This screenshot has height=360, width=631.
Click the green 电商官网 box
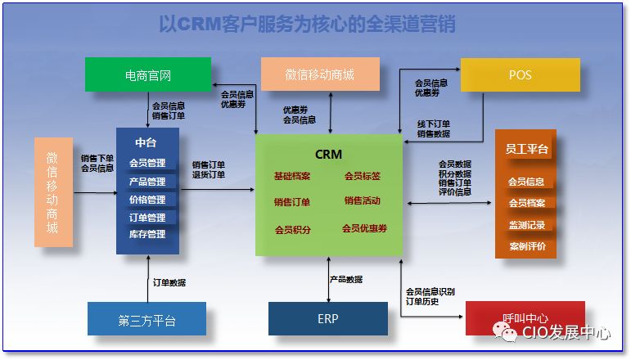(x=148, y=75)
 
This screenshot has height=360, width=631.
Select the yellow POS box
(x=520, y=75)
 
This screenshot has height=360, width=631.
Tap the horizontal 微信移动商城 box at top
(x=320, y=75)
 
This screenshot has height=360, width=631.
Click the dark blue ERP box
(x=327, y=318)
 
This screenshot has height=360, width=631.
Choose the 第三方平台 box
(x=146, y=319)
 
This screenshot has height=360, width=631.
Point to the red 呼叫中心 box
(x=525, y=318)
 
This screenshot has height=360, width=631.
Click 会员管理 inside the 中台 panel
(x=147, y=164)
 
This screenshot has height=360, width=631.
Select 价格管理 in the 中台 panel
(x=147, y=200)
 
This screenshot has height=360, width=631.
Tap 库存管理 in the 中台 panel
(x=147, y=235)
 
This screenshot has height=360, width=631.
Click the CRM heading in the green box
(x=328, y=154)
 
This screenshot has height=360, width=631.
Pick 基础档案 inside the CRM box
(x=292, y=176)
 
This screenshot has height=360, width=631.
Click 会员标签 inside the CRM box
(x=362, y=176)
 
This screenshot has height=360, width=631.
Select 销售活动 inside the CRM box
(x=362, y=201)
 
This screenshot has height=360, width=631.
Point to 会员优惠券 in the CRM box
(x=364, y=228)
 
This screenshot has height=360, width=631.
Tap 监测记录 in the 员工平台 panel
(x=526, y=225)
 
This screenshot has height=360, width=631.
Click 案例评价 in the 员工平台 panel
(x=526, y=246)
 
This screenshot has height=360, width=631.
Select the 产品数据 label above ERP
(x=346, y=279)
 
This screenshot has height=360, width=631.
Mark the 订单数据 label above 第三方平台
(x=169, y=282)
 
